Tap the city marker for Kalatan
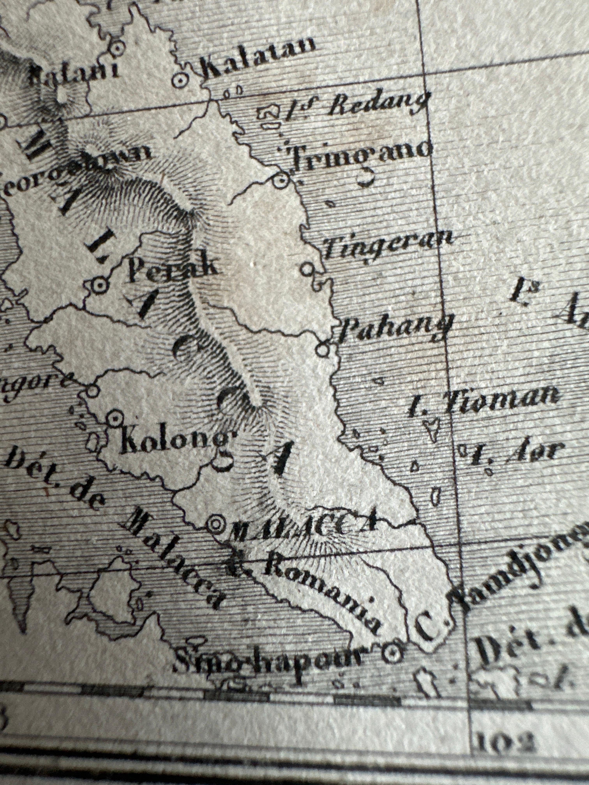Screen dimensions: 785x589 [x=180, y=80]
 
